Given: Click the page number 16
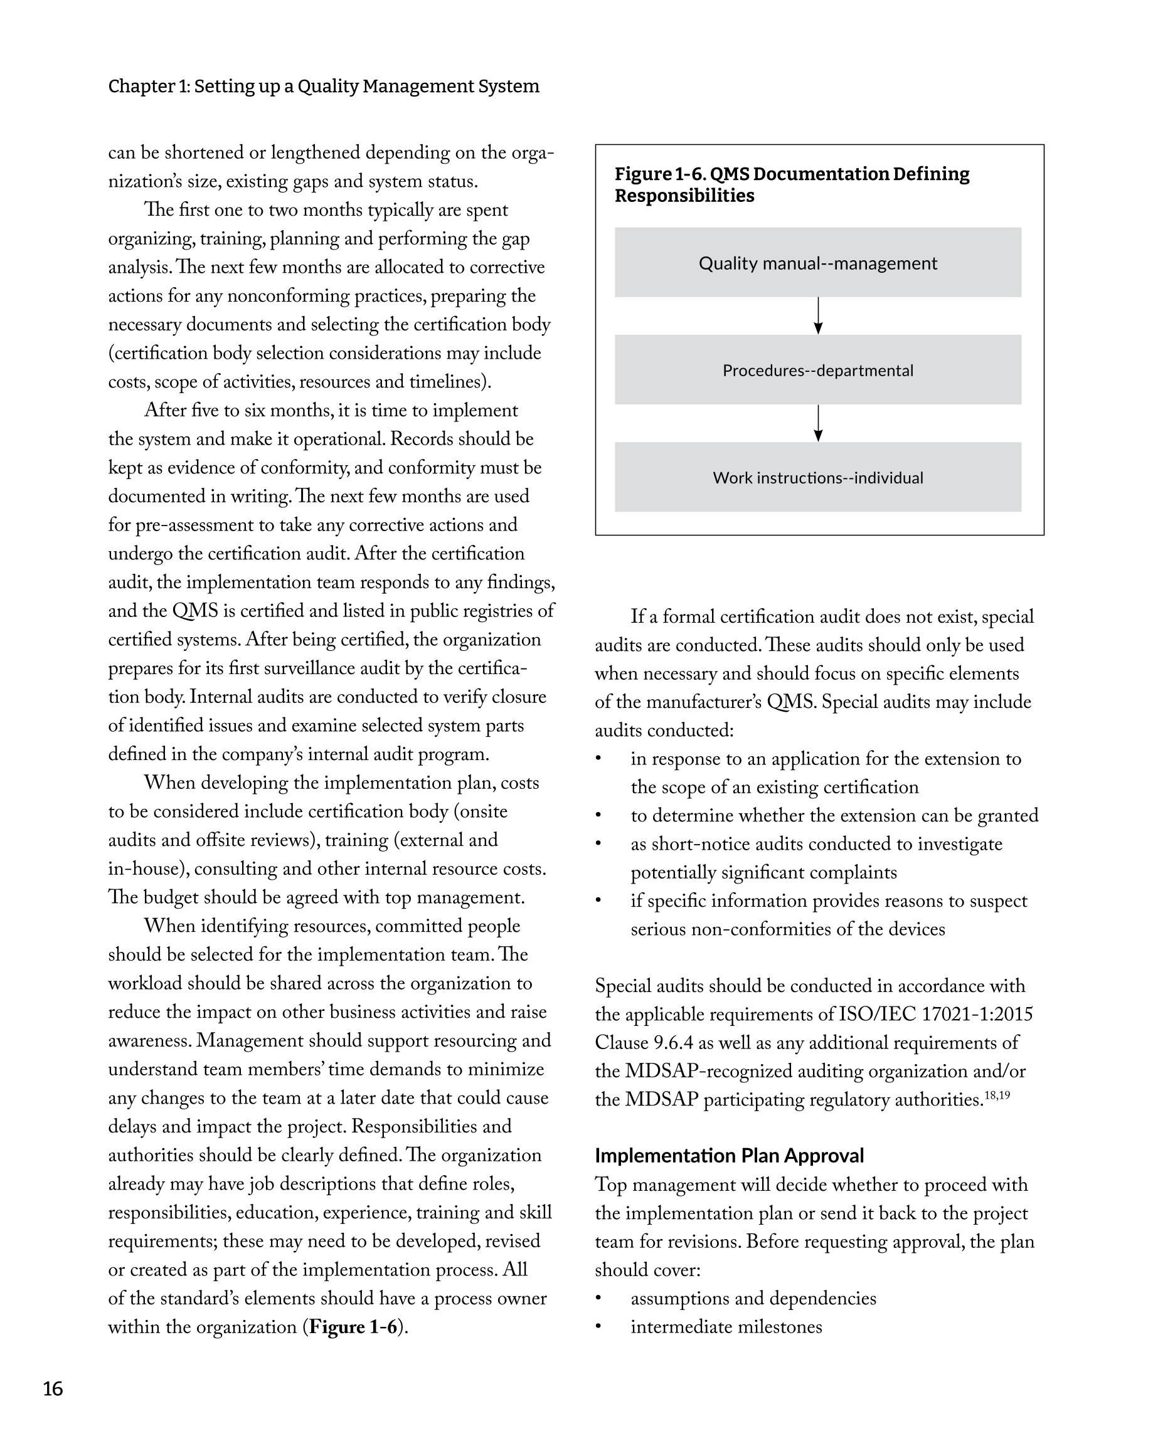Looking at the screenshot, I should click(x=53, y=1389).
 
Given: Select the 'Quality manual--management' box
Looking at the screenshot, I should click(x=817, y=263).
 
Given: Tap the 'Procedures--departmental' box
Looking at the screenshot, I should click(x=817, y=370).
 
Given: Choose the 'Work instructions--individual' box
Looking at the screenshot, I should click(x=817, y=477).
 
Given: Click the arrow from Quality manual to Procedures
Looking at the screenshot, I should click(x=817, y=316).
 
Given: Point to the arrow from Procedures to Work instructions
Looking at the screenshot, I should click(x=817, y=423).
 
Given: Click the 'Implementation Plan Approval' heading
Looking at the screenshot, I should click(x=729, y=1156).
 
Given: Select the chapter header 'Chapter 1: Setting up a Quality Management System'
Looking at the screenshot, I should click(x=324, y=86).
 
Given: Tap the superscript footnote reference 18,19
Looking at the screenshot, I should click(x=997, y=1095).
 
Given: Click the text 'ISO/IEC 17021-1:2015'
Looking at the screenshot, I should click(x=935, y=1015).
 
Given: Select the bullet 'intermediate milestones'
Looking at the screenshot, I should click(x=726, y=1327).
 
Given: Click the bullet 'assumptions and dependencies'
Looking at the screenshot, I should click(x=753, y=1298).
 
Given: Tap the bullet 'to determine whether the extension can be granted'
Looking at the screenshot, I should click(x=834, y=815).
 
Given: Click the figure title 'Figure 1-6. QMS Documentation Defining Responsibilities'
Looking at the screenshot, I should click(x=792, y=184).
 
